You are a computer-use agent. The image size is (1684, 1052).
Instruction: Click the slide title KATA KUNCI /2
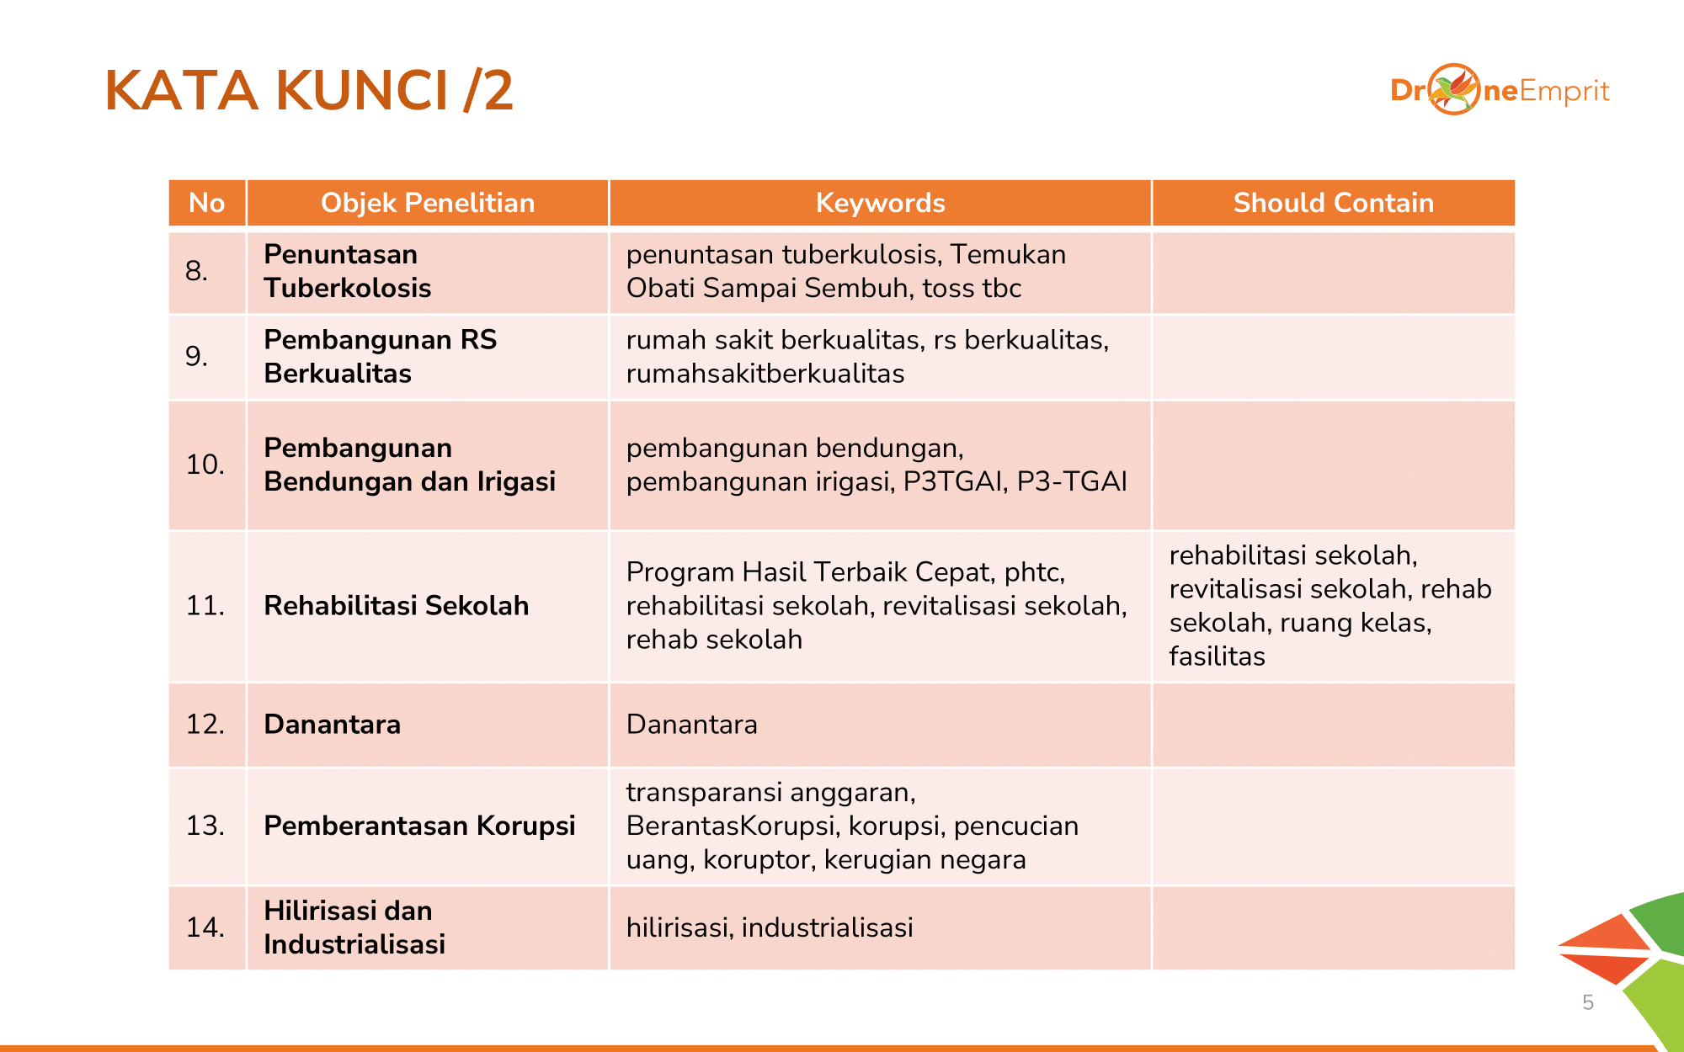pyautogui.click(x=309, y=90)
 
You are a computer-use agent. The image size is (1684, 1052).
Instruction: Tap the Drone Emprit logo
pyautogui.click(x=1500, y=90)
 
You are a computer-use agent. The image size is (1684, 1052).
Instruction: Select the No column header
pyautogui.click(x=206, y=203)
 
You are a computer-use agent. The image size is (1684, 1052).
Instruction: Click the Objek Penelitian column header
pyautogui.click(x=428, y=203)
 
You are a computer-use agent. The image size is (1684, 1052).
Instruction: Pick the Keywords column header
pyautogui.click(x=880, y=203)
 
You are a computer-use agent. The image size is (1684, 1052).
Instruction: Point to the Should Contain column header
pyautogui.click(x=1333, y=203)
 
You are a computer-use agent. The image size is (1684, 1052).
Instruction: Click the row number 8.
pyautogui.click(x=196, y=271)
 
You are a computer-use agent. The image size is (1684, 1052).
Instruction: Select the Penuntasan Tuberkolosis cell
pyautogui.click(x=347, y=271)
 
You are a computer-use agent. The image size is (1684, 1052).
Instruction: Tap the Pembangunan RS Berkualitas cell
pyautogui.click(x=380, y=356)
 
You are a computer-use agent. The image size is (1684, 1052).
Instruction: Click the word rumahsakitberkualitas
pyautogui.click(x=765, y=374)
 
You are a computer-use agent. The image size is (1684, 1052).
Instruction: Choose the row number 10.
pyautogui.click(x=205, y=465)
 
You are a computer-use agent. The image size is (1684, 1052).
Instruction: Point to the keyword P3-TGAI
pyautogui.click(x=1071, y=481)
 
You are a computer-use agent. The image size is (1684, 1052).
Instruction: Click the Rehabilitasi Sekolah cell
pyautogui.click(x=396, y=606)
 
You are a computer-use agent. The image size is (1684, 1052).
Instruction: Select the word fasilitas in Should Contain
pyautogui.click(x=1217, y=656)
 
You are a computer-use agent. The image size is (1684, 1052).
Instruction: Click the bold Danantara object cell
pyautogui.click(x=332, y=725)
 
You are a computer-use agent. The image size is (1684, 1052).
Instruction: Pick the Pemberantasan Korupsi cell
pyautogui.click(x=419, y=826)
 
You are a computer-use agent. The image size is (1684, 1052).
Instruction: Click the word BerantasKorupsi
pyautogui.click(x=730, y=826)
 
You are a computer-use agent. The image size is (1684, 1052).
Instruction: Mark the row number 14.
pyautogui.click(x=205, y=927)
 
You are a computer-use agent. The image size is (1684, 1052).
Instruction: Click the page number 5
pyautogui.click(x=1587, y=1002)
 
